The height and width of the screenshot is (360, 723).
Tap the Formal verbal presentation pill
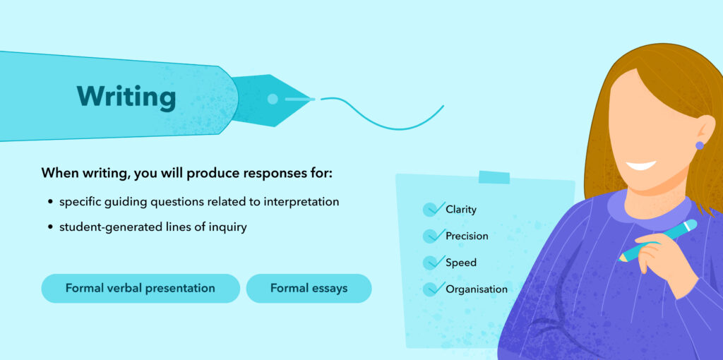click(141, 289)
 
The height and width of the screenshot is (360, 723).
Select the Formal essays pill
click(309, 289)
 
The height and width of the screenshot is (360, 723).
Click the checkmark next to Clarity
click(433, 209)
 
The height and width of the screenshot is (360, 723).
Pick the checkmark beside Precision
click(433, 236)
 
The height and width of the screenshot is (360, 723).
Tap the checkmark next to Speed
click(433, 263)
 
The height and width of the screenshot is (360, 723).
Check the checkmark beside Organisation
click(433, 289)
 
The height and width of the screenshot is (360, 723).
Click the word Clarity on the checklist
click(460, 210)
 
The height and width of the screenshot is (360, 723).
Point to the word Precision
click(467, 236)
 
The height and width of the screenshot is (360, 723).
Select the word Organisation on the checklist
click(477, 289)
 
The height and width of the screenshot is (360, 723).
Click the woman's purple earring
click(700, 145)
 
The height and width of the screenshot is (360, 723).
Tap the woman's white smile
click(641, 165)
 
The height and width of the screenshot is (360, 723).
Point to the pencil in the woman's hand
click(658, 241)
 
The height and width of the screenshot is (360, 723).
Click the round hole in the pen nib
click(273, 99)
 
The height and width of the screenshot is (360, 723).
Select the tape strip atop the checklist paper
click(494, 177)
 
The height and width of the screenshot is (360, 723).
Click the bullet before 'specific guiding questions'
click(50, 203)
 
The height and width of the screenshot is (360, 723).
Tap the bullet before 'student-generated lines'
click(50, 228)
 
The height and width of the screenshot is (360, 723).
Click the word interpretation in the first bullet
click(301, 203)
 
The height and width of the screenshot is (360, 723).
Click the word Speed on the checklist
click(461, 263)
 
